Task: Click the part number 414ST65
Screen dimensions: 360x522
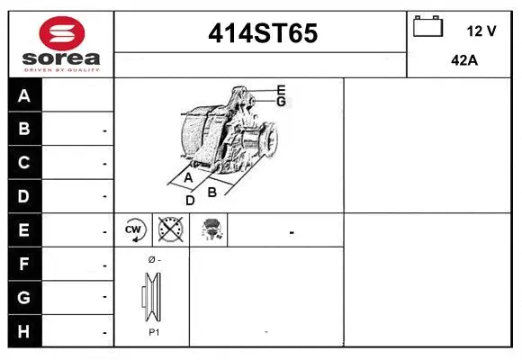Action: click(x=262, y=33)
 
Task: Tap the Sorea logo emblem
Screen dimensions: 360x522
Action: click(x=60, y=34)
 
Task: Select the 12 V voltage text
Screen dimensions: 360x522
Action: click(x=481, y=31)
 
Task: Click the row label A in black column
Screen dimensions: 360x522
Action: click(x=24, y=96)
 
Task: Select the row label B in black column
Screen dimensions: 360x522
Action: click(x=24, y=130)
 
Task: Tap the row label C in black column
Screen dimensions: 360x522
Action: click(x=24, y=163)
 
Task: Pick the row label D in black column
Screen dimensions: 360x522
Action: click(x=24, y=196)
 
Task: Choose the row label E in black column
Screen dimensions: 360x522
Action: click(x=24, y=230)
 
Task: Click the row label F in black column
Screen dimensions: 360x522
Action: click(x=24, y=265)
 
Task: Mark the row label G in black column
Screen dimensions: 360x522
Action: click(x=24, y=297)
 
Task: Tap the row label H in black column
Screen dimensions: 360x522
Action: click(x=24, y=331)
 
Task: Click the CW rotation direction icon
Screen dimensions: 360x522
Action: click(x=135, y=230)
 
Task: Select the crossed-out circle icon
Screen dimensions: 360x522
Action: click(x=168, y=230)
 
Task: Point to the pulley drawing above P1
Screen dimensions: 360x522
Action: click(x=152, y=295)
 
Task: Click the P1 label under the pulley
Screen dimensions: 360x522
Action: click(x=153, y=332)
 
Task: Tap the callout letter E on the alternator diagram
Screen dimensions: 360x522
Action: click(x=281, y=90)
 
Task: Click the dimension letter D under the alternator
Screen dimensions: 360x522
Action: click(x=190, y=201)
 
